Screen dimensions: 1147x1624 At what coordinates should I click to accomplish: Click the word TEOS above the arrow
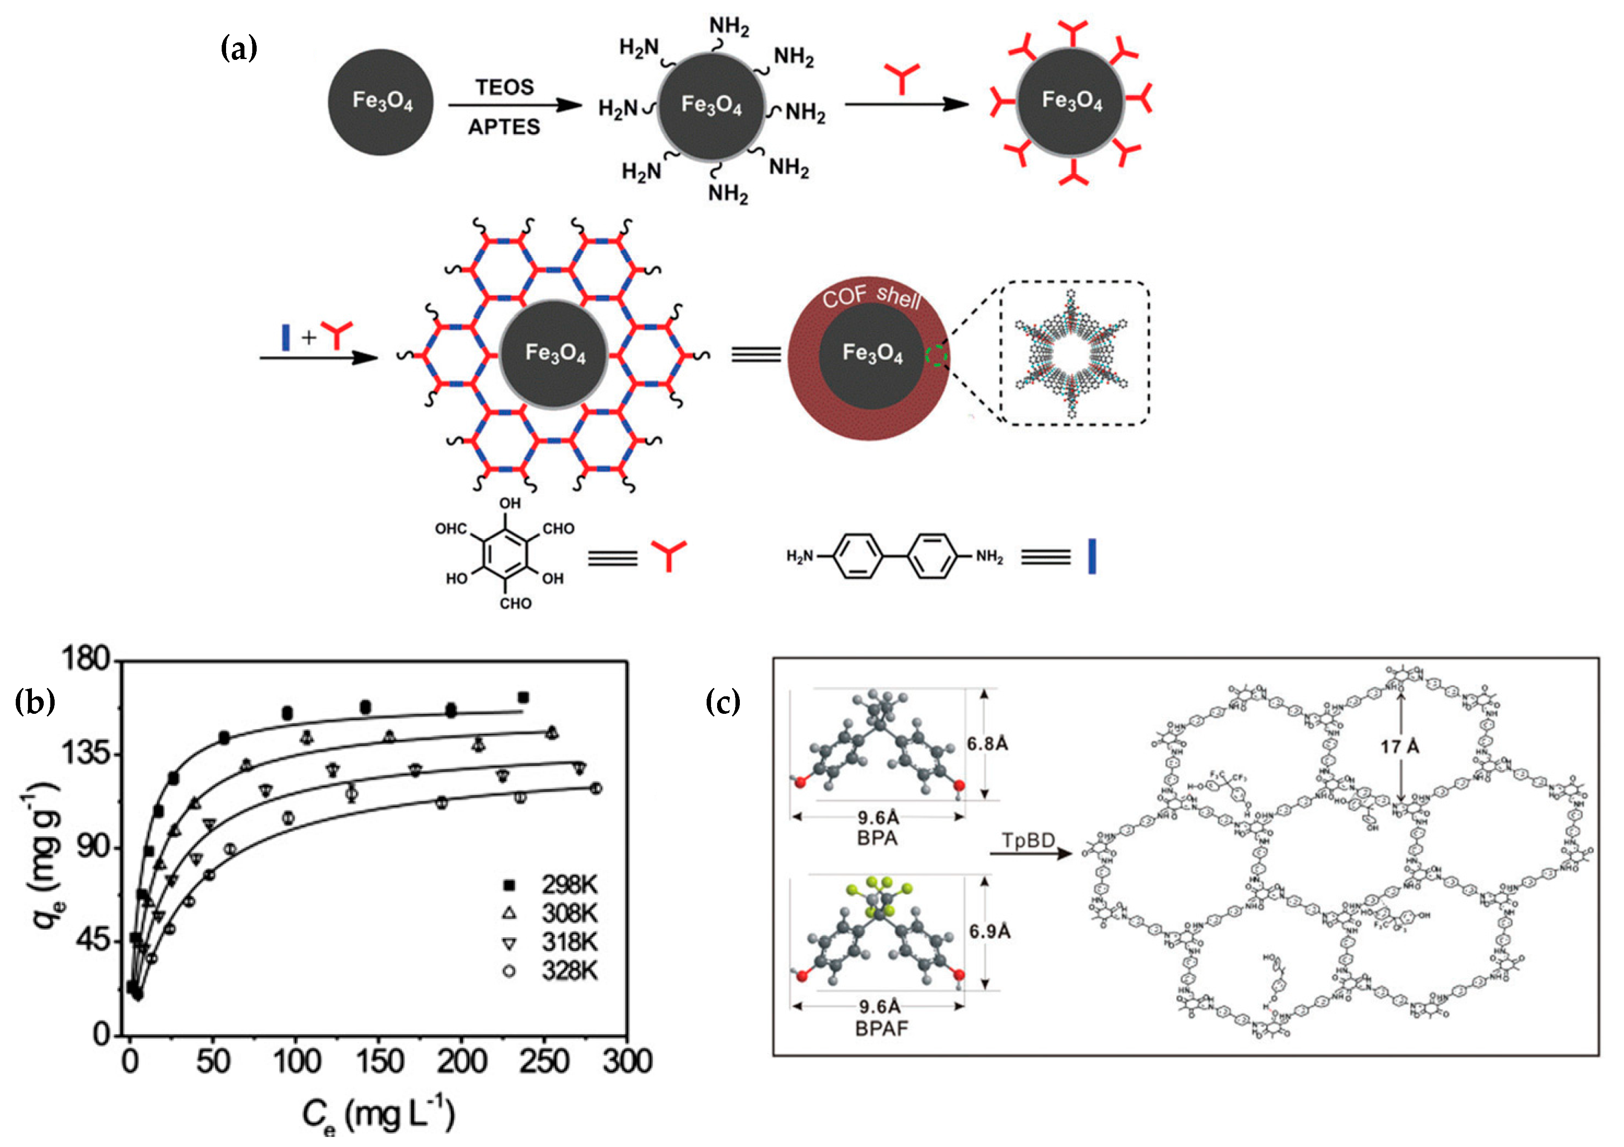point(504,87)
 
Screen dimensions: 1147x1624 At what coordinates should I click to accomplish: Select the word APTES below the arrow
point(504,127)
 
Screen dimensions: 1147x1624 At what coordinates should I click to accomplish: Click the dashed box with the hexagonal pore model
point(1074,353)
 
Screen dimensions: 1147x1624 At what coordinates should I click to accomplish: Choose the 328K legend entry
point(552,970)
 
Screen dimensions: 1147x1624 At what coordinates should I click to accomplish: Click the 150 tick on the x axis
point(380,1061)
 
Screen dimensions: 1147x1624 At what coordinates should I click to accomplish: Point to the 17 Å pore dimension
point(1399,746)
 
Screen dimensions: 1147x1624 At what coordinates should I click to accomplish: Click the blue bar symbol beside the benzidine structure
point(1091,556)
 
